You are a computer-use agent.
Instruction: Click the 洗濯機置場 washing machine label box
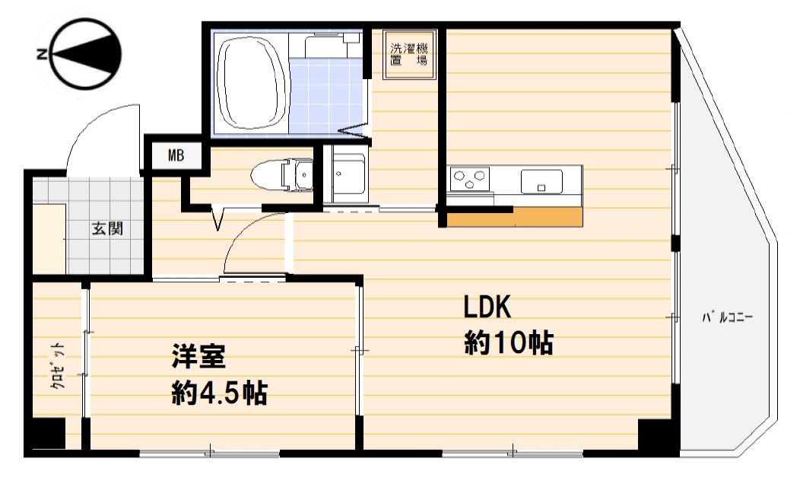(408, 54)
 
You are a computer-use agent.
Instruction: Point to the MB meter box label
(176, 156)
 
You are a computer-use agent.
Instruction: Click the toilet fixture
(283, 175)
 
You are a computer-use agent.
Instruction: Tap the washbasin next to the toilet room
(347, 176)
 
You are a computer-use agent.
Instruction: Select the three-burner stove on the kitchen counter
(469, 180)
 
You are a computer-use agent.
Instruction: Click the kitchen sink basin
(541, 181)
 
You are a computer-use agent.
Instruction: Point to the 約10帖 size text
(508, 343)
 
